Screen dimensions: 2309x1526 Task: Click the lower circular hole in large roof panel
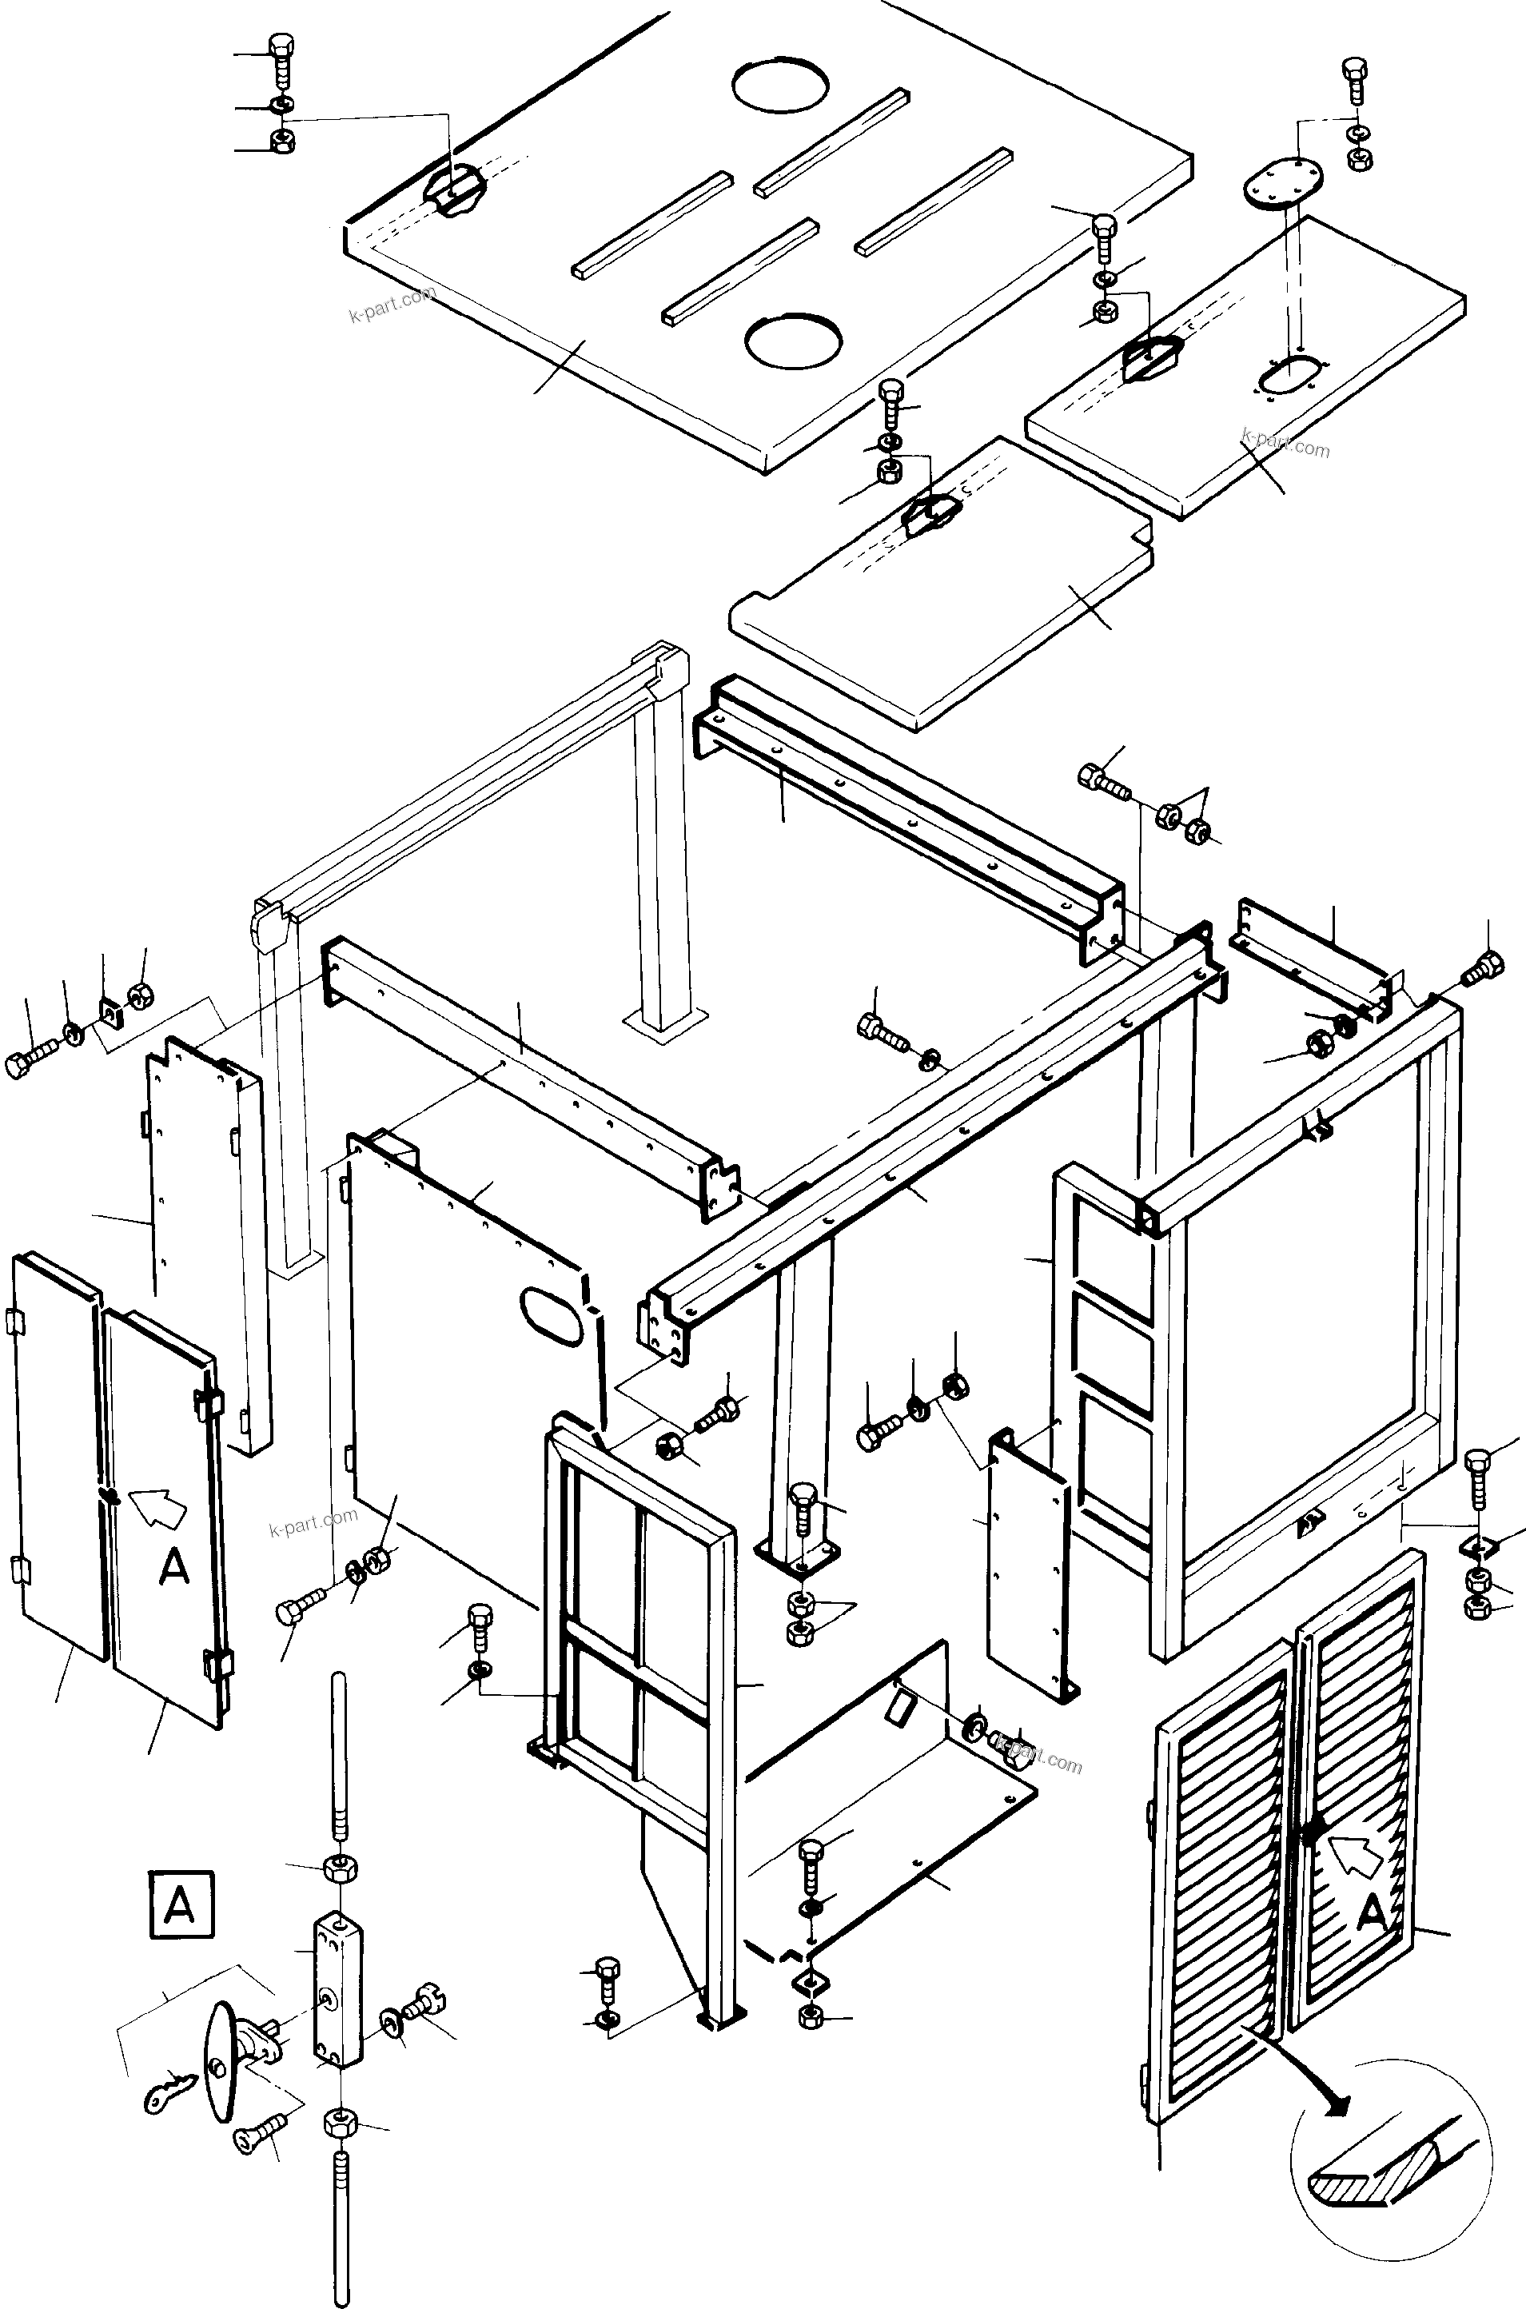coord(793,341)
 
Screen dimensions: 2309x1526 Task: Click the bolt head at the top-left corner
coord(281,46)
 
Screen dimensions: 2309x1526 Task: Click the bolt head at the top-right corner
coord(1355,68)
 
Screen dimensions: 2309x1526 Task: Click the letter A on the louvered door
coord(1373,1915)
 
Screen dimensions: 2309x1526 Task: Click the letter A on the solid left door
coord(174,1567)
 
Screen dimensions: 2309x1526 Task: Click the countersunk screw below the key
coord(259,2139)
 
